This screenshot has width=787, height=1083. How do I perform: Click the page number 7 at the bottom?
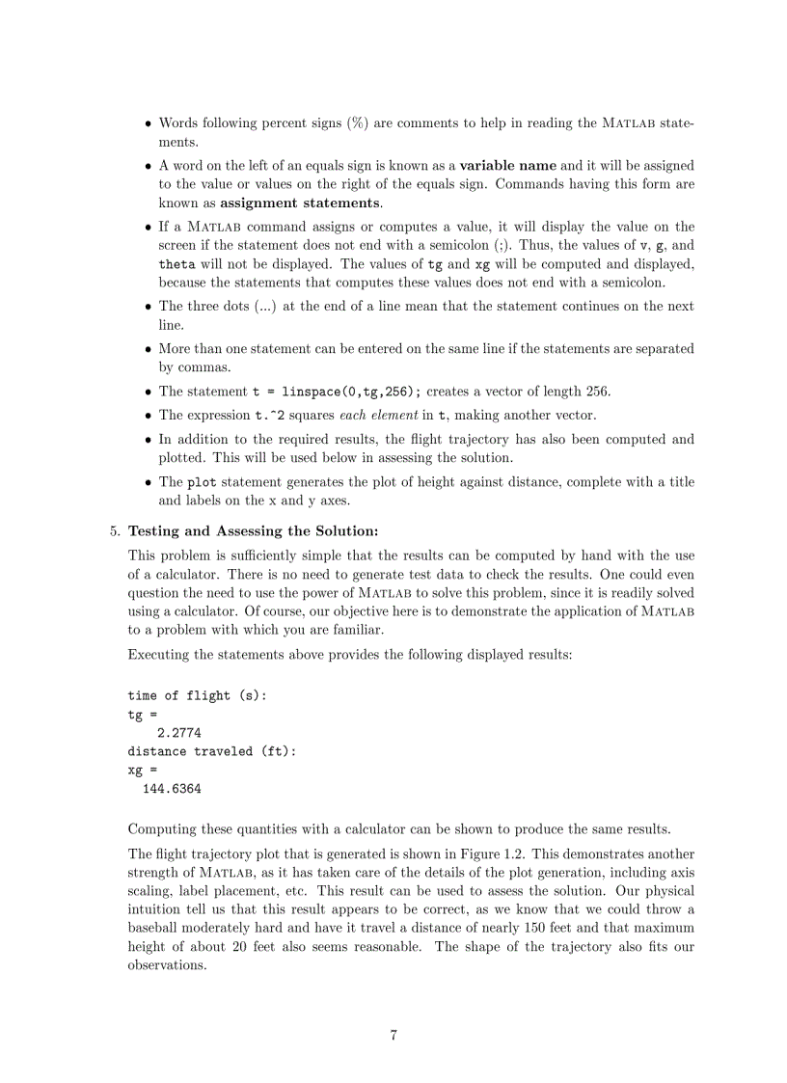click(x=393, y=1036)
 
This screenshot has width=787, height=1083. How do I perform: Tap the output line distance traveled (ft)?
click(x=212, y=751)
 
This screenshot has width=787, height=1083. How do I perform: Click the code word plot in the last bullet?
click(x=201, y=481)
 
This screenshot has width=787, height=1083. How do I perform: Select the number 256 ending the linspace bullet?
click(x=597, y=392)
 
